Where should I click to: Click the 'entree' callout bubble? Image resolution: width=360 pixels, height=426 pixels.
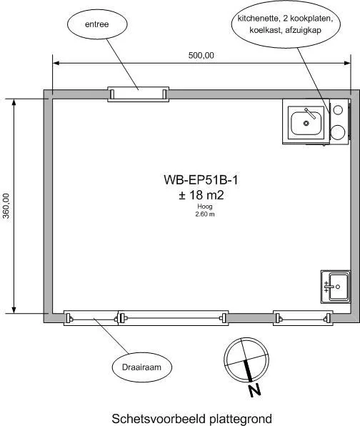click(x=97, y=24)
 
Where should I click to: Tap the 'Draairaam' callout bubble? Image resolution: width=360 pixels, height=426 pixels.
click(x=141, y=367)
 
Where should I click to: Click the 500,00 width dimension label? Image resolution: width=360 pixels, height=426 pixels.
click(x=201, y=56)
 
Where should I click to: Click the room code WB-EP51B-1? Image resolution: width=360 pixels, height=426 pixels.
click(x=201, y=180)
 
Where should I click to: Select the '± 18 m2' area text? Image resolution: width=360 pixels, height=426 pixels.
click(x=201, y=195)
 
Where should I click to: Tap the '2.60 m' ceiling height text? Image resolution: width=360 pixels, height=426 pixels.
click(x=205, y=214)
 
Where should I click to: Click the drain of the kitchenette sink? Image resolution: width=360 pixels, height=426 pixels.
click(x=306, y=124)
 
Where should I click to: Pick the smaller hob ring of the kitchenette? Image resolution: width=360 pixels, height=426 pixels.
click(x=338, y=109)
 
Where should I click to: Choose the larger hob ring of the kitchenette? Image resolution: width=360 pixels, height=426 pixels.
click(x=338, y=132)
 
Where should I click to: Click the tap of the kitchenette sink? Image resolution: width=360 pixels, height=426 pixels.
click(x=310, y=114)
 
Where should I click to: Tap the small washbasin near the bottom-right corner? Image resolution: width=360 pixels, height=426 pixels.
click(x=336, y=287)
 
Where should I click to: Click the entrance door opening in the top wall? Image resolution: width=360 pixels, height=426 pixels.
click(x=139, y=94)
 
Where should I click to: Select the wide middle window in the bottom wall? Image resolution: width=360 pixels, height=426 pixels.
click(x=173, y=318)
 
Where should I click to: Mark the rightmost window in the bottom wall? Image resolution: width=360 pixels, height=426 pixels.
click(x=303, y=318)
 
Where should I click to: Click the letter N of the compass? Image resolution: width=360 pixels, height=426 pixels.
click(x=255, y=391)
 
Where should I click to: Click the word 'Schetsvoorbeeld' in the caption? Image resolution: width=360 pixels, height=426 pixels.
click(x=159, y=419)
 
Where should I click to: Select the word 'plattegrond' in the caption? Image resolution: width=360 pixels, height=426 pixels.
click(x=241, y=419)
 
